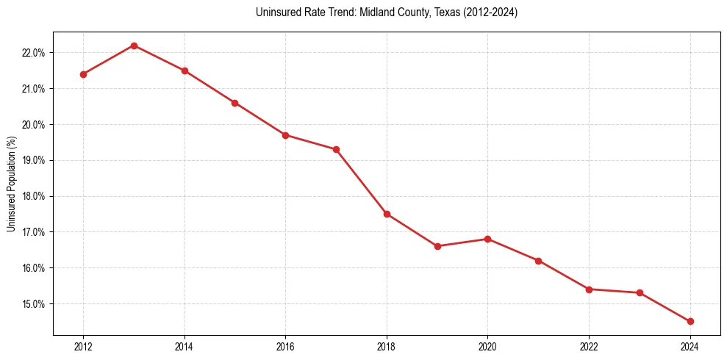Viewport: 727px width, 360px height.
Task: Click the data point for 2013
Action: point(134,46)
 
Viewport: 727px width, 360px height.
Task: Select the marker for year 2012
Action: point(83,74)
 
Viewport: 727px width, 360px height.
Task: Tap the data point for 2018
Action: point(387,214)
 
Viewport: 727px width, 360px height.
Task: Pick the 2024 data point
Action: point(690,321)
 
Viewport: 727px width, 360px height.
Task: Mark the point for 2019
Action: point(437,246)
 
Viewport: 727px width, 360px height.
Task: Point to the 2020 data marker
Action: point(488,239)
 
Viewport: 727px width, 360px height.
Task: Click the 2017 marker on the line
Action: point(336,149)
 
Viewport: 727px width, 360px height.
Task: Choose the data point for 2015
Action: point(234,103)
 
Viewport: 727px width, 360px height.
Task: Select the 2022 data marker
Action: point(589,289)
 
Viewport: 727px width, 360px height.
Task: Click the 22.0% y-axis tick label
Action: point(34,53)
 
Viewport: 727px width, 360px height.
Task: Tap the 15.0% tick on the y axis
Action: point(34,304)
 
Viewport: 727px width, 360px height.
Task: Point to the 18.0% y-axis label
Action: point(34,196)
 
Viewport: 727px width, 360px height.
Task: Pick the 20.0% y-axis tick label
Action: point(34,125)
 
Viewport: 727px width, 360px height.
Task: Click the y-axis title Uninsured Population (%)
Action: point(11,184)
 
